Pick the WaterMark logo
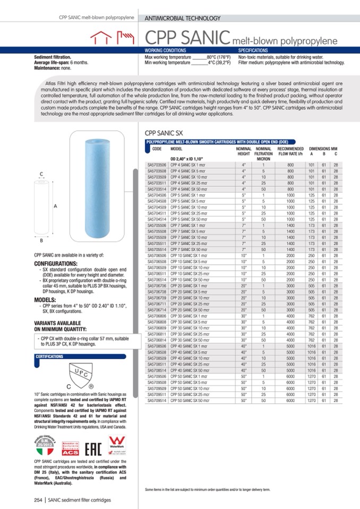(x=116, y=444)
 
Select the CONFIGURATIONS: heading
(x=56, y=263)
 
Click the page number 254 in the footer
(x=38, y=500)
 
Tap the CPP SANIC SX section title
(x=164, y=134)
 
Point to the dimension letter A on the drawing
(x=55, y=206)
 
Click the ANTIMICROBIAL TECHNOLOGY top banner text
(x=183, y=18)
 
